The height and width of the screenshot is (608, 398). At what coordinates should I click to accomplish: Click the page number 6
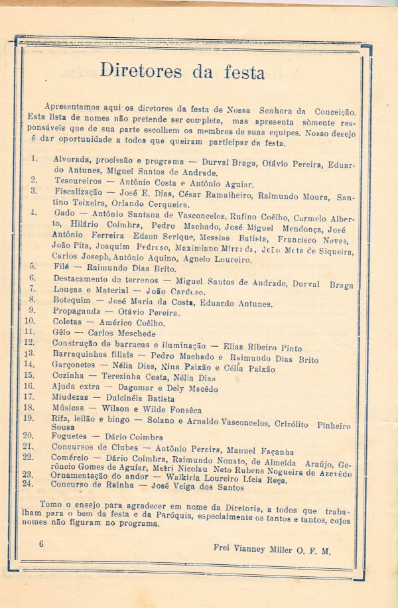click(41, 544)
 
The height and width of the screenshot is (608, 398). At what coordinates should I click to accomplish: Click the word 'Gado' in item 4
click(63, 213)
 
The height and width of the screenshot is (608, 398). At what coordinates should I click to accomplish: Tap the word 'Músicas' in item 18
click(70, 408)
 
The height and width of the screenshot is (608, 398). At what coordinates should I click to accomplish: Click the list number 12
click(29, 343)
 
